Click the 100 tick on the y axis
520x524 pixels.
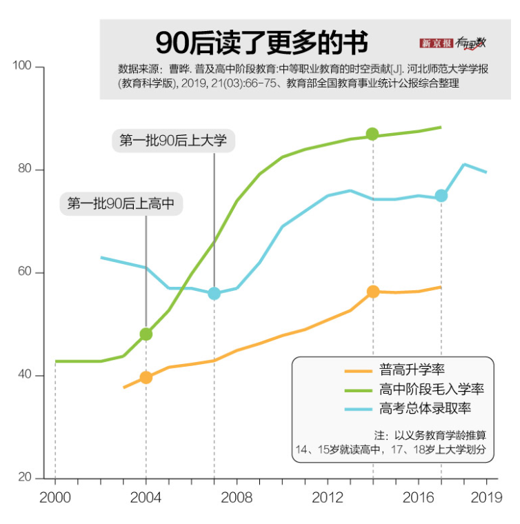click(x=23, y=66)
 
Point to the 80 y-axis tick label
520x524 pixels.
click(x=24, y=170)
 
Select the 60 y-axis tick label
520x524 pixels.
click(x=24, y=272)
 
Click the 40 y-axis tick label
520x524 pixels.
click(x=24, y=376)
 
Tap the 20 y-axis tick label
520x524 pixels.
click(x=24, y=478)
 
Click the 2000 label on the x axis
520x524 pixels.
click(x=54, y=498)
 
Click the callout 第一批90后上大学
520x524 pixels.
click(x=173, y=141)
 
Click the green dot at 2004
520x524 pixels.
click(x=146, y=334)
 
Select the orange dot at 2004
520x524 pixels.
click(x=146, y=377)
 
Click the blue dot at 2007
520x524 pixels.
click(x=214, y=293)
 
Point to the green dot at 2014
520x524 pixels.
click(x=372, y=134)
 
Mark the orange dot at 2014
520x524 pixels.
click(x=373, y=292)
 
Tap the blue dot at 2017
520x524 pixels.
click(x=441, y=196)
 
